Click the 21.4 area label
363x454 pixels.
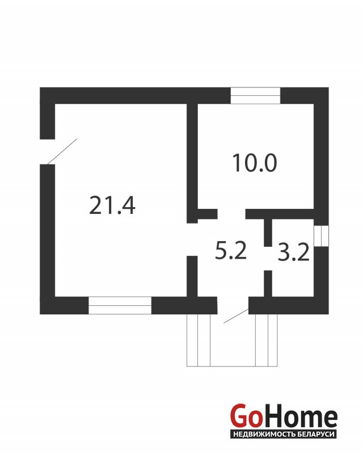(x=112, y=205)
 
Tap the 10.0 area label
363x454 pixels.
(x=254, y=163)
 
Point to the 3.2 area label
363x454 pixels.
(x=293, y=253)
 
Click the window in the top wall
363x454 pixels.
(x=255, y=95)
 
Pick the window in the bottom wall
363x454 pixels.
(x=120, y=305)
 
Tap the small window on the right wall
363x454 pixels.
(x=321, y=236)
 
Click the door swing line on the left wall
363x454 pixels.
(x=61, y=152)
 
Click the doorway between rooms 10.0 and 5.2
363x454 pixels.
(x=231, y=214)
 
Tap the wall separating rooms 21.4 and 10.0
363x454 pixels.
(x=192, y=153)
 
